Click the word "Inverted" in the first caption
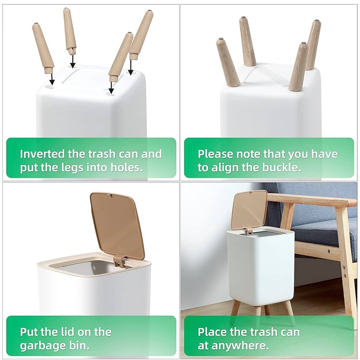point(42,154)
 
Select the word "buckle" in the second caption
point(281,168)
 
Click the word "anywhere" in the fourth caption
point(240,346)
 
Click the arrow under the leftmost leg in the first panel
point(52,79)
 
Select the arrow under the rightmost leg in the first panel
point(130,66)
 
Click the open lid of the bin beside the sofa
point(250,210)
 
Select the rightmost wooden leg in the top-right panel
point(313,45)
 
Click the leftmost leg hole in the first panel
point(50,87)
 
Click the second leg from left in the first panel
point(70,31)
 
